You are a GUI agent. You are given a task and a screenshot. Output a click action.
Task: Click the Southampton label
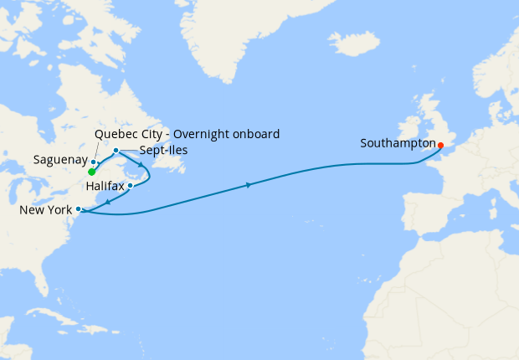(x=398, y=143)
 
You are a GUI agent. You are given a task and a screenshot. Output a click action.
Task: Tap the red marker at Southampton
(x=440, y=144)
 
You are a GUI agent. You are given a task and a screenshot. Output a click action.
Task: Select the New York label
(x=45, y=209)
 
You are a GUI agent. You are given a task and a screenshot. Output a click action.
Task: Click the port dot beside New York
(x=78, y=208)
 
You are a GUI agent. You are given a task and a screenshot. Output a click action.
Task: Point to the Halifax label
(x=105, y=184)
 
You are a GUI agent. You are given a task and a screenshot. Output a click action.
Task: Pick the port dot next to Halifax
(x=131, y=185)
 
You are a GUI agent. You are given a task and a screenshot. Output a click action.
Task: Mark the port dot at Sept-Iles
(x=116, y=151)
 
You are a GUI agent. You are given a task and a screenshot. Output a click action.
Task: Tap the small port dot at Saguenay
(x=94, y=162)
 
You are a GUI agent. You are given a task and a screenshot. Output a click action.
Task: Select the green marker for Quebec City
(x=90, y=172)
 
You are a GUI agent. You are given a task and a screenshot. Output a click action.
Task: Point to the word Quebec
(x=116, y=133)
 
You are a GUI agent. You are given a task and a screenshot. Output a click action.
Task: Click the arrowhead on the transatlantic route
(x=249, y=185)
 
